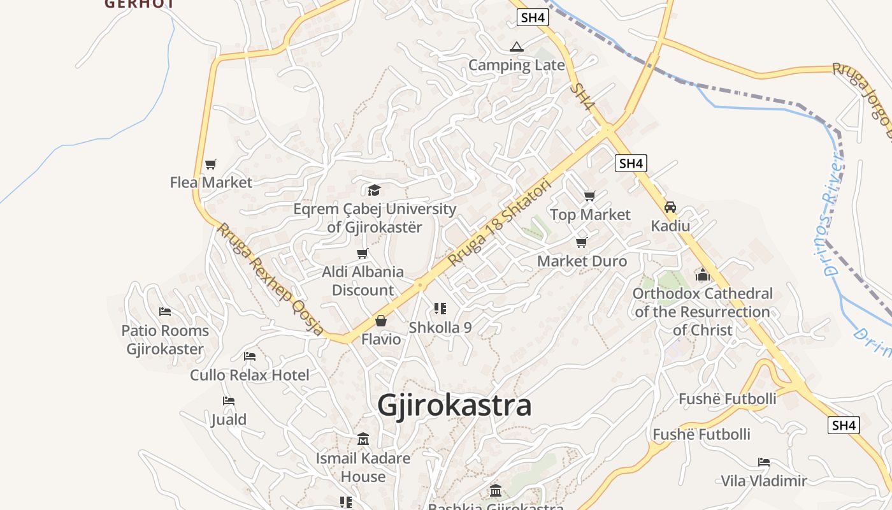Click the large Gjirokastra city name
(x=454, y=405)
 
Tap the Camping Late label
(x=517, y=65)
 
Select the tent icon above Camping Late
(x=516, y=47)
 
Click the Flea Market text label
(x=211, y=182)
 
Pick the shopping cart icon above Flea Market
(x=211, y=164)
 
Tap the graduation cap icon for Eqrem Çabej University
(x=374, y=190)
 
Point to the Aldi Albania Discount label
(x=363, y=281)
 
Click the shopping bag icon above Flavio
(x=381, y=320)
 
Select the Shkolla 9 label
(x=440, y=328)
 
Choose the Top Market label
(x=590, y=215)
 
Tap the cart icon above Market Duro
(x=581, y=242)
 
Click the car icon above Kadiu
(x=670, y=207)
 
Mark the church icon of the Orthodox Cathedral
(x=703, y=275)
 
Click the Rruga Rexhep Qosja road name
(x=271, y=279)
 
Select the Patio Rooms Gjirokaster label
(x=165, y=340)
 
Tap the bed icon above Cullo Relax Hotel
(x=250, y=356)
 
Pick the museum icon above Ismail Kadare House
(x=363, y=439)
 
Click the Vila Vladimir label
(x=763, y=481)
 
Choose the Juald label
(x=229, y=419)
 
